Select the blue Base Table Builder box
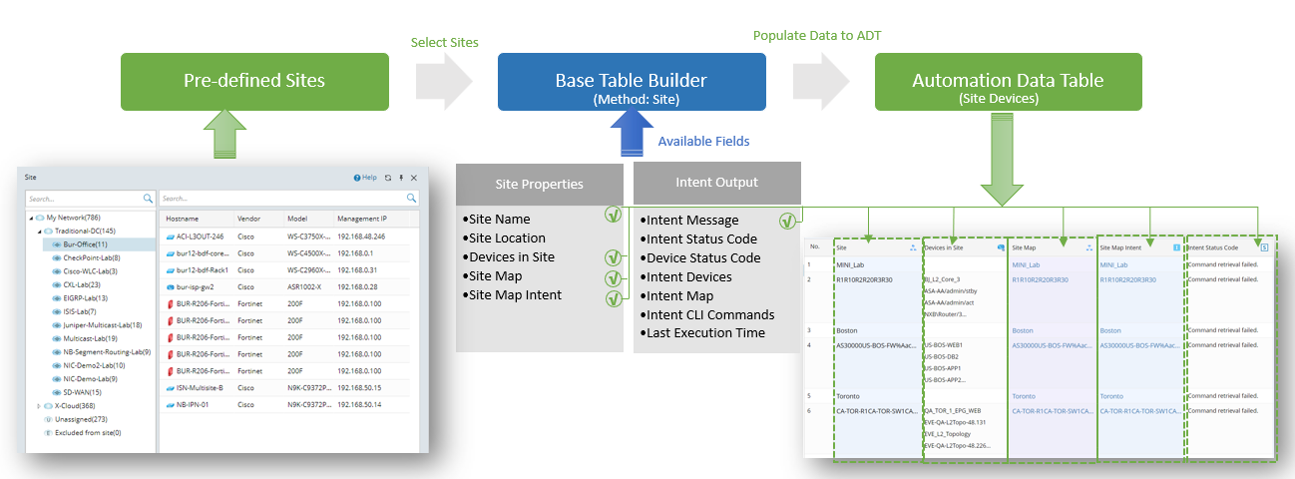pyautogui.click(x=632, y=81)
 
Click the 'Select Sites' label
pyautogui.click(x=444, y=43)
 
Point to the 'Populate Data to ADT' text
pyautogui.click(x=817, y=36)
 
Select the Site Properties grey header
pyautogui.click(x=540, y=184)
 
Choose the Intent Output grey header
pyautogui.click(x=716, y=183)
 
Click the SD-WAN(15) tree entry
pyautogui.click(x=84, y=392)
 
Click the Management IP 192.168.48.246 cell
pyautogui.click(x=360, y=237)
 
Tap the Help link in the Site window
pyautogui.click(x=365, y=178)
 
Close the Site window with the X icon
pyautogui.click(x=414, y=178)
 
